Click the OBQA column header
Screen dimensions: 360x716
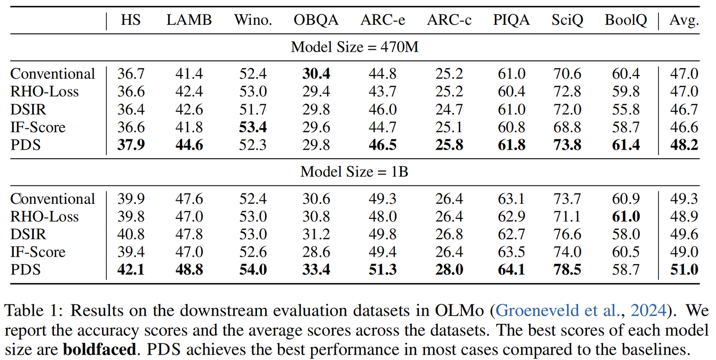[x=316, y=20]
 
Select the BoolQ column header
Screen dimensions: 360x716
[x=626, y=20]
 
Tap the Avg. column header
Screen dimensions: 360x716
[x=684, y=20]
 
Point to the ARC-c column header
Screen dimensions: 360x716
[x=449, y=20]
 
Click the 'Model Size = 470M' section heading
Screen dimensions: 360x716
[x=354, y=47]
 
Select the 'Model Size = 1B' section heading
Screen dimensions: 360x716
[x=354, y=172]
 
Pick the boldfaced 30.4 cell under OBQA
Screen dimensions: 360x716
[x=316, y=74]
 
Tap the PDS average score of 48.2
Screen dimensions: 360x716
[x=684, y=145]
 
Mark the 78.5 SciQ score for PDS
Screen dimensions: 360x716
[x=567, y=270]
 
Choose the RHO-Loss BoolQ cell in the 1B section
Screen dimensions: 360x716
[x=626, y=217]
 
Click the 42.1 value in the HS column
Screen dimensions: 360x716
[x=131, y=270]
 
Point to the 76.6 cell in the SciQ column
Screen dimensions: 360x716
[x=567, y=235]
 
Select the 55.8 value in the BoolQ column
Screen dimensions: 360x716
[x=626, y=109]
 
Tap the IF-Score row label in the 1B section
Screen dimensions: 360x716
[x=38, y=252]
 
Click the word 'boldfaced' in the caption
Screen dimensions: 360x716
[x=99, y=349]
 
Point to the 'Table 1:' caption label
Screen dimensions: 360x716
[x=32, y=311]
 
